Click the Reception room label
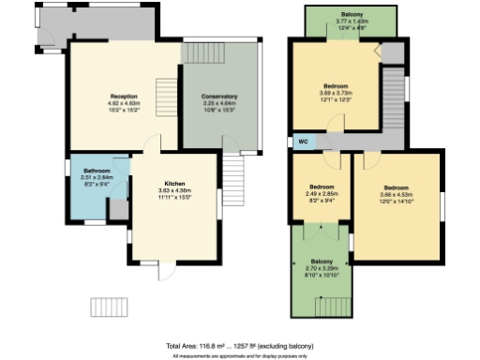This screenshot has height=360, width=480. [125, 97]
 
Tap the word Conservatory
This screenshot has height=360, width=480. [218, 97]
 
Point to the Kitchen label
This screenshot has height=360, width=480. [174, 184]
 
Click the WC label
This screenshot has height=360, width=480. [303, 142]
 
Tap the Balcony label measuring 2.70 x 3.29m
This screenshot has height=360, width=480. [322, 260]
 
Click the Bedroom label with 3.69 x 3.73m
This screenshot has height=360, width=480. [337, 86]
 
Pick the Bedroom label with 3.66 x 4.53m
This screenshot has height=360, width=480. [397, 187]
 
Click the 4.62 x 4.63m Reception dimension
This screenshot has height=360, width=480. [125, 103]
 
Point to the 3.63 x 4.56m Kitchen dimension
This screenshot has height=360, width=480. [174, 191]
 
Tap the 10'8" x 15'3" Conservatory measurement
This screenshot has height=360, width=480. [218, 111]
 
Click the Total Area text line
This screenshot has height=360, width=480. [239, 346]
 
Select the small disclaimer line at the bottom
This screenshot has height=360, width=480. [239, 356]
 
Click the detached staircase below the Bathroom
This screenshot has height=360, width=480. [108, 307]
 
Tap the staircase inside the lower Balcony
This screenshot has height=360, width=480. [331, 304]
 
